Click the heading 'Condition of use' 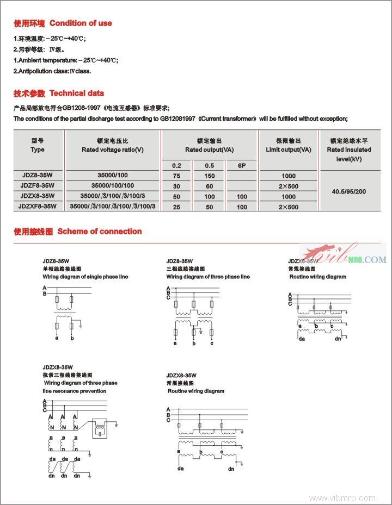pos(81,23)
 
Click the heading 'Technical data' pos(77,93)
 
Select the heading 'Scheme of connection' pos(99,231)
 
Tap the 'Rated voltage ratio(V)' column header pos(113,149)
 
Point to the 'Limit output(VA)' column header pos(289,149)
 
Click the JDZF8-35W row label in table pos(38,186)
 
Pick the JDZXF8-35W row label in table pos(38,207)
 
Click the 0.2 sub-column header pos(177,165)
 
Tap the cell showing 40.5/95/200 pos(349,191)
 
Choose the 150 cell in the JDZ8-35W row pos(210,176)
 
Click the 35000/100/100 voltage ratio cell pos(113,186)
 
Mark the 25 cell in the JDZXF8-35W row pos(177,207)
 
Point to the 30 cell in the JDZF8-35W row pos(177,186)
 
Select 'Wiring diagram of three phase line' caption pos(208,277)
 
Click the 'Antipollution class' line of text pos(52,71)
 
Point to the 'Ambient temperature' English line pos(65,60)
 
